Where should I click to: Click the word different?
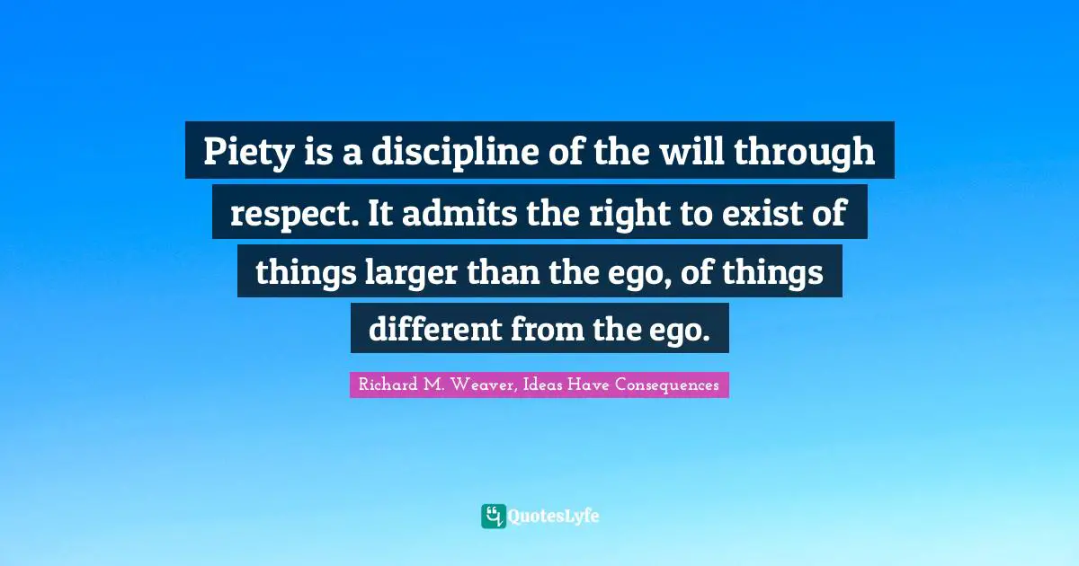tap(434, 331)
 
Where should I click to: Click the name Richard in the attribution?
tap(387, 385)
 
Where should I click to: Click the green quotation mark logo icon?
tap(493, 516)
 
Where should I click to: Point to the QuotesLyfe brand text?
tap(554, 517)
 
